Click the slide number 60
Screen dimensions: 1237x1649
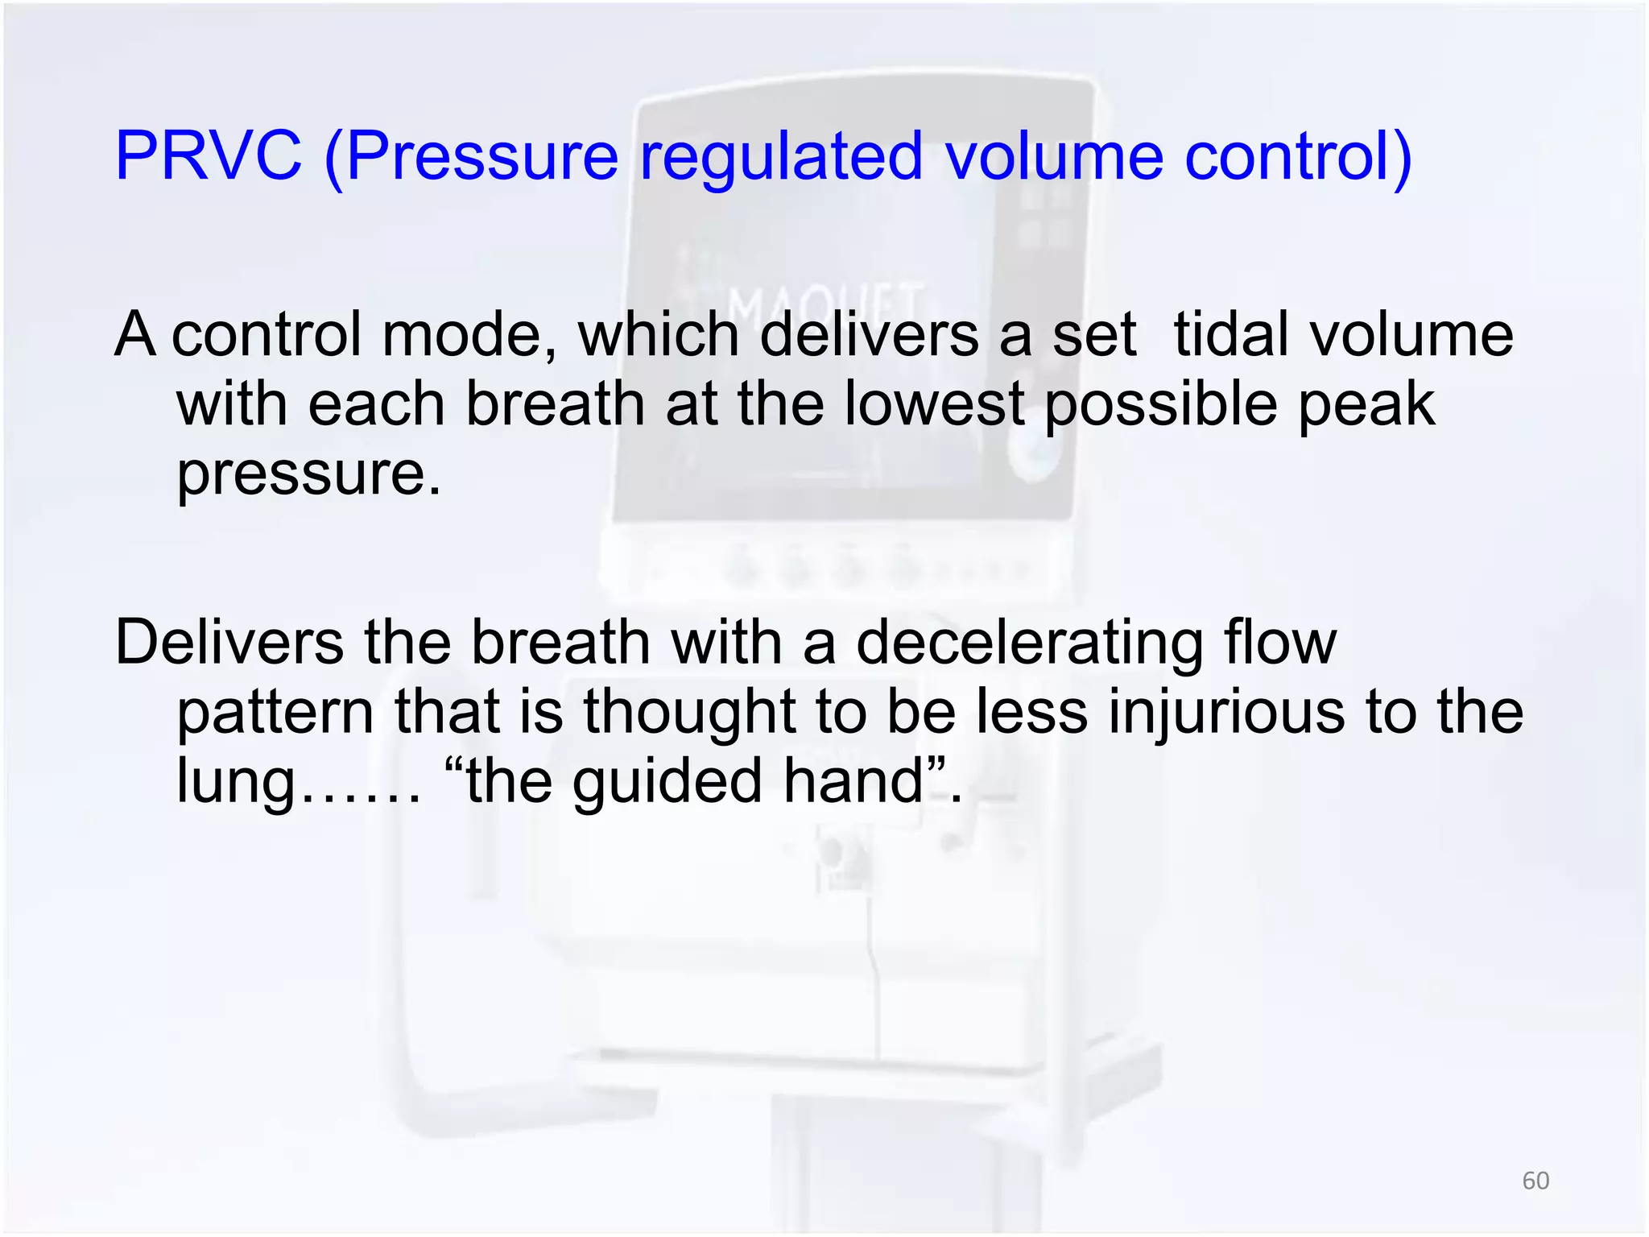(1535, 1181)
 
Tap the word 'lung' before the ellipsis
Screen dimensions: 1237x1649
(235, 782)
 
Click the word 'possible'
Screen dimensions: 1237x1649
(1160, 405)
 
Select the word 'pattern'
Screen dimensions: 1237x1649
(275, 713)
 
